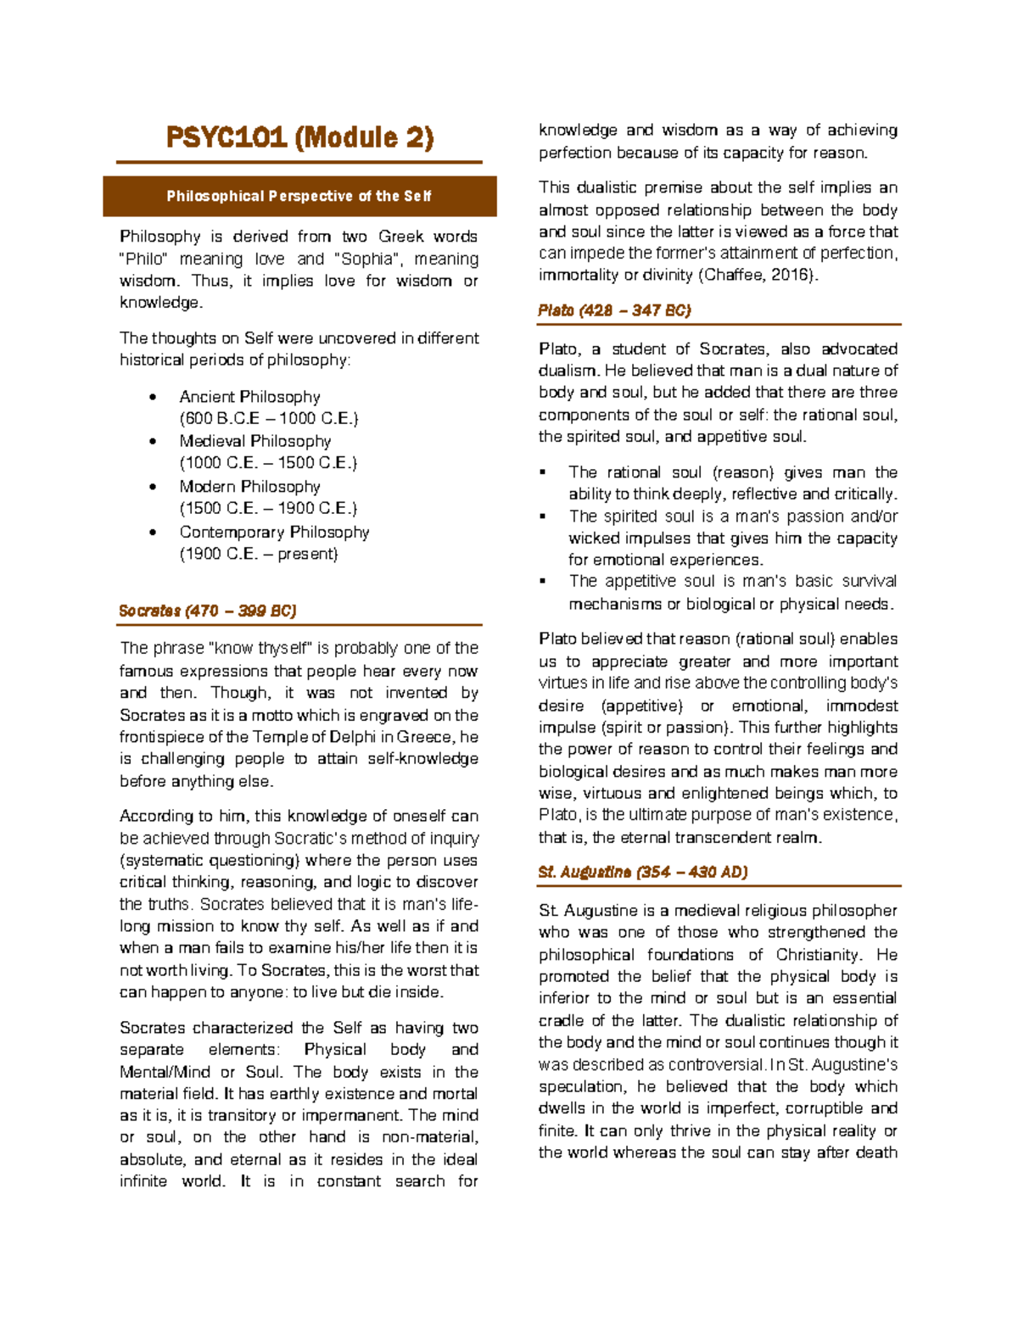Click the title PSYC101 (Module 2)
299,137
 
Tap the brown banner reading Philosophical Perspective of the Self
299,197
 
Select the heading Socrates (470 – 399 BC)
208,611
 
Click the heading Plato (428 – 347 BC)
614,310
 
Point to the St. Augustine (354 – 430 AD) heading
642,872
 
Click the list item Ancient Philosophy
249,397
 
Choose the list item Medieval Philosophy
255,441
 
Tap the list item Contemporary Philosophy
274,532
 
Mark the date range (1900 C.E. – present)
259,554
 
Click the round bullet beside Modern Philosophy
153,487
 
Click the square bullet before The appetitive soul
543,582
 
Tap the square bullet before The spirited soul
543,516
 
